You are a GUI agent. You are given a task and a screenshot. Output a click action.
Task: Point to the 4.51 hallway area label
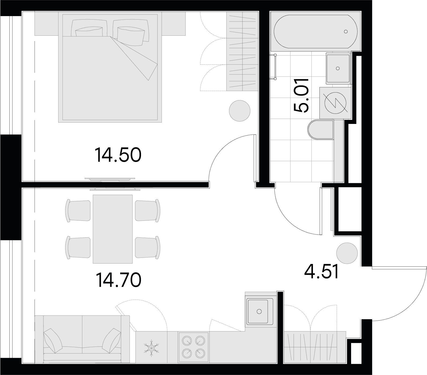[321, 272]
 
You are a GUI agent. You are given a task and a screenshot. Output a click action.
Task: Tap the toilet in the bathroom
[321, 130]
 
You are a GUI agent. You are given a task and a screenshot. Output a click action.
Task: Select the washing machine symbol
[336, 103]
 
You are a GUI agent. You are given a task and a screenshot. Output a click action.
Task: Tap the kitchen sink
[259, 311]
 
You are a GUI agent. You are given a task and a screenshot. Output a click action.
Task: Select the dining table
[113, 229]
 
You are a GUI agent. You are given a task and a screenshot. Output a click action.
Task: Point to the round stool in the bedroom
[240, 111]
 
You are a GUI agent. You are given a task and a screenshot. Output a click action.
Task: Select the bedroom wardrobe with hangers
[242, 52]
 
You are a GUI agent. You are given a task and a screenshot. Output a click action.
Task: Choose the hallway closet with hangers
[315, 348]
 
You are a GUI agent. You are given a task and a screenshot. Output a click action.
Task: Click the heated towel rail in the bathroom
[275, 67]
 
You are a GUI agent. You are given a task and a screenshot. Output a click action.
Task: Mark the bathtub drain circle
[346, 32]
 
